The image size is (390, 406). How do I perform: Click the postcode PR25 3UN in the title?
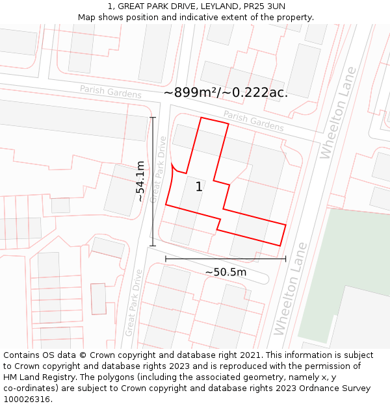(263, 6)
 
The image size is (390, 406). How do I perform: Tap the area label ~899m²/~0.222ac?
(226, 93)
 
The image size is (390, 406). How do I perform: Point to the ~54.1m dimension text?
(140, 182)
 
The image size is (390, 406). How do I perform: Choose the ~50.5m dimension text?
(226, 272)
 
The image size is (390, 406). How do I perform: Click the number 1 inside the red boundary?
(199, 187)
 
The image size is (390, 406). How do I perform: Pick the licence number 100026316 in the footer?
(27, 400)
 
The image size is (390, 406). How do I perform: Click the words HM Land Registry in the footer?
(34, 377)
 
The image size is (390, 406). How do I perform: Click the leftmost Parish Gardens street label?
(110, 92)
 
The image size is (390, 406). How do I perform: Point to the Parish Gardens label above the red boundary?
(253, 120)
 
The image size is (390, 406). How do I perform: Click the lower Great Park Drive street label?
(134, 303)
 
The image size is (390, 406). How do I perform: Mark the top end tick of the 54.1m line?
(153, 118)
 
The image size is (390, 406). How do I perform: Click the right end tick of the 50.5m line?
(285, 259)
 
